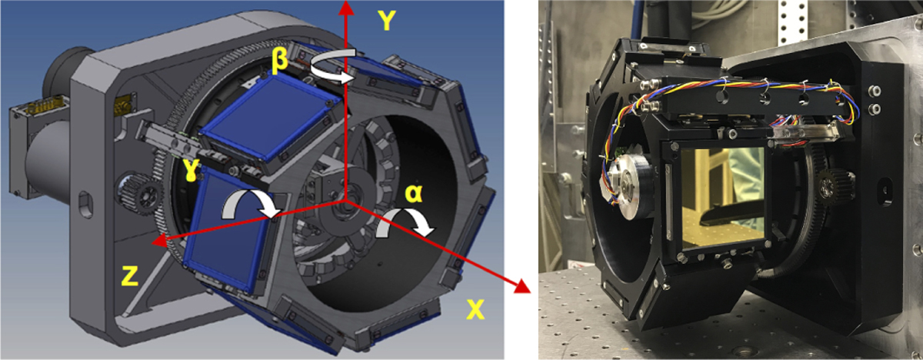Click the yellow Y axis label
(386, 20)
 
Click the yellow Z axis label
(129, 275)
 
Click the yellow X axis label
(475, 309)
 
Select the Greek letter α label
(413, 193)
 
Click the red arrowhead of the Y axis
(347, 8)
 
